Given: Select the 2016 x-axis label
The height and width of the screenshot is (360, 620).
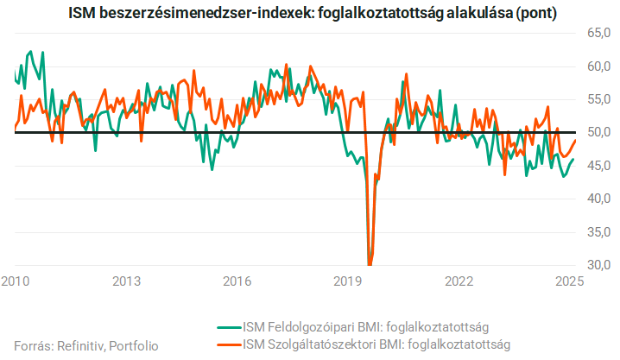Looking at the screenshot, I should (237, 281).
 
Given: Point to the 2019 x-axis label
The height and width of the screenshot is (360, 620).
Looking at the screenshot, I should (348, 281).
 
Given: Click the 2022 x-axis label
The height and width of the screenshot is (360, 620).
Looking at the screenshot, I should (459, 281).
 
